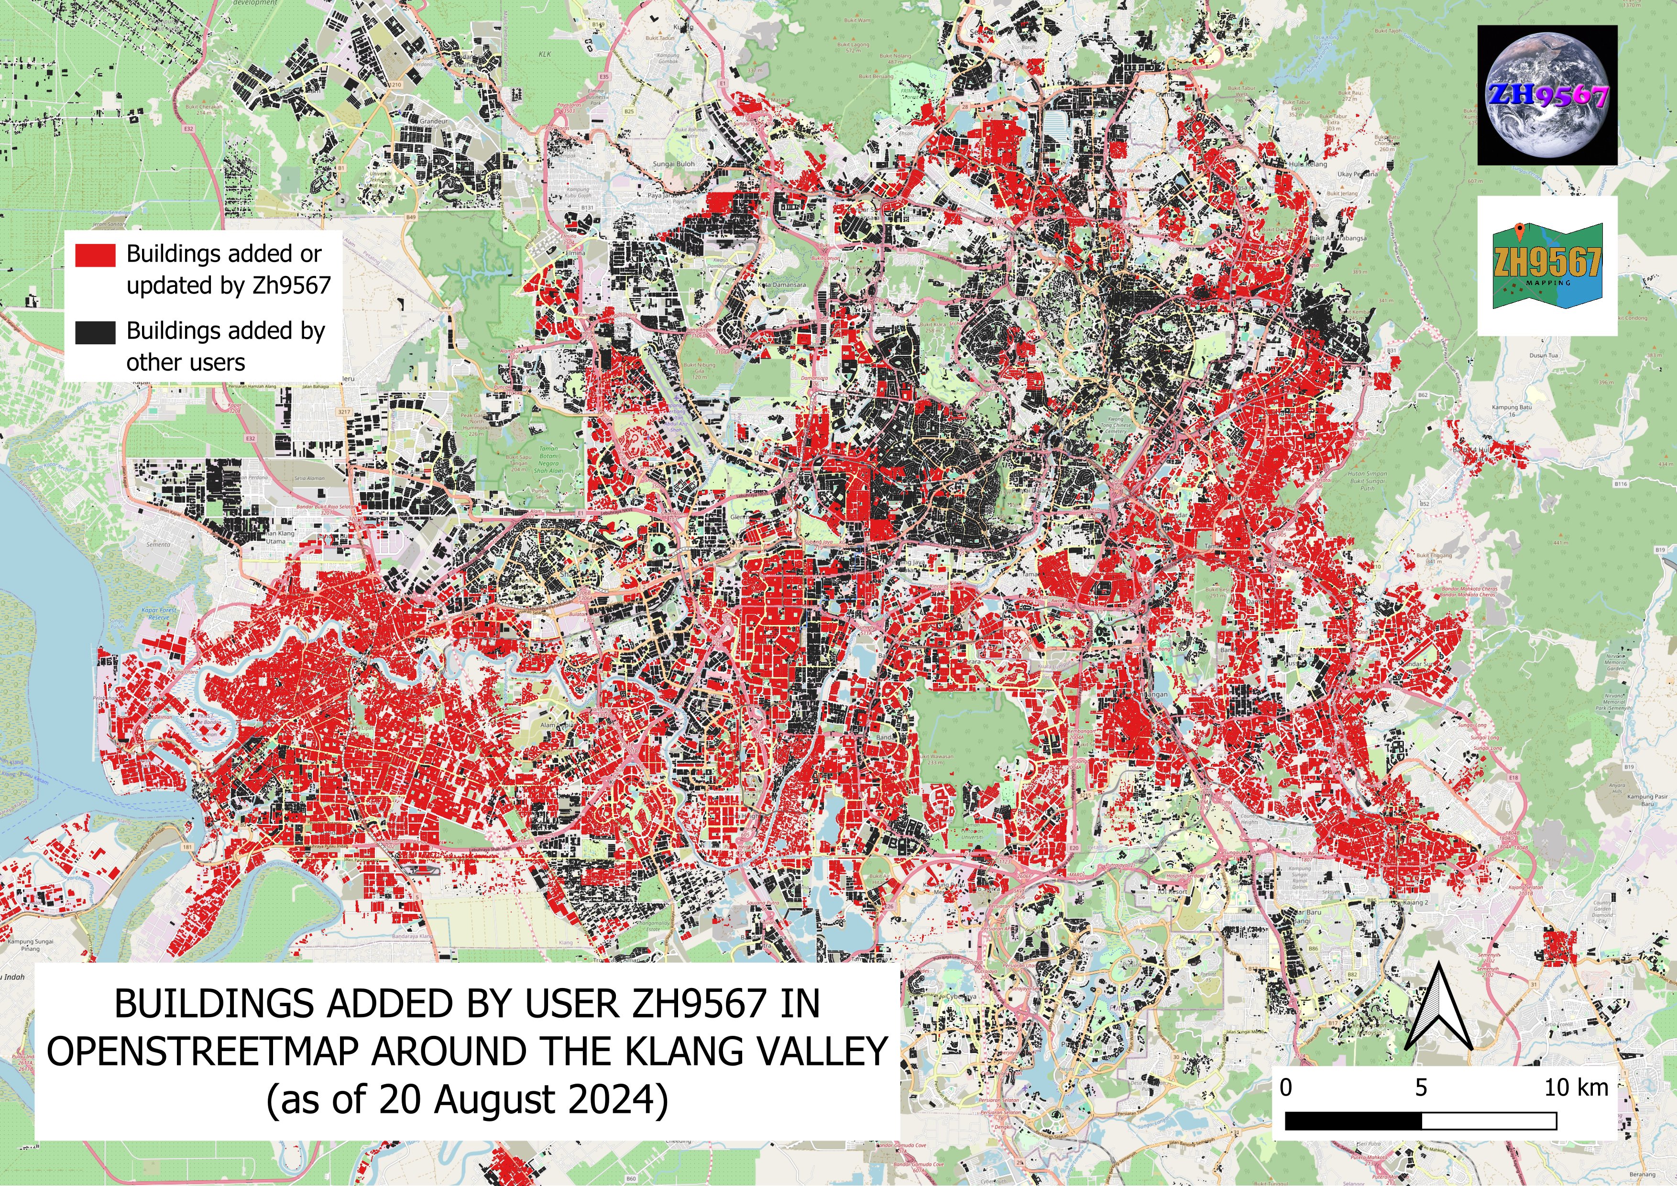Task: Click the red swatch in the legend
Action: pyautogui.click(x=95, y=255)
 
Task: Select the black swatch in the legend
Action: pyautogui.click(x=95, y=332)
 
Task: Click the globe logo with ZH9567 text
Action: pyautogui.click(x=1547, y=95)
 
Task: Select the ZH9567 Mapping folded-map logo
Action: pyautogui.click(x=1547, y=266)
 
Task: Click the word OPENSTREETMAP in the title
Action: pyautogui.click(x=205, y=1052)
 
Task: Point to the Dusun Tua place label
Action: pyautogui.click(x=1543, y=356)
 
